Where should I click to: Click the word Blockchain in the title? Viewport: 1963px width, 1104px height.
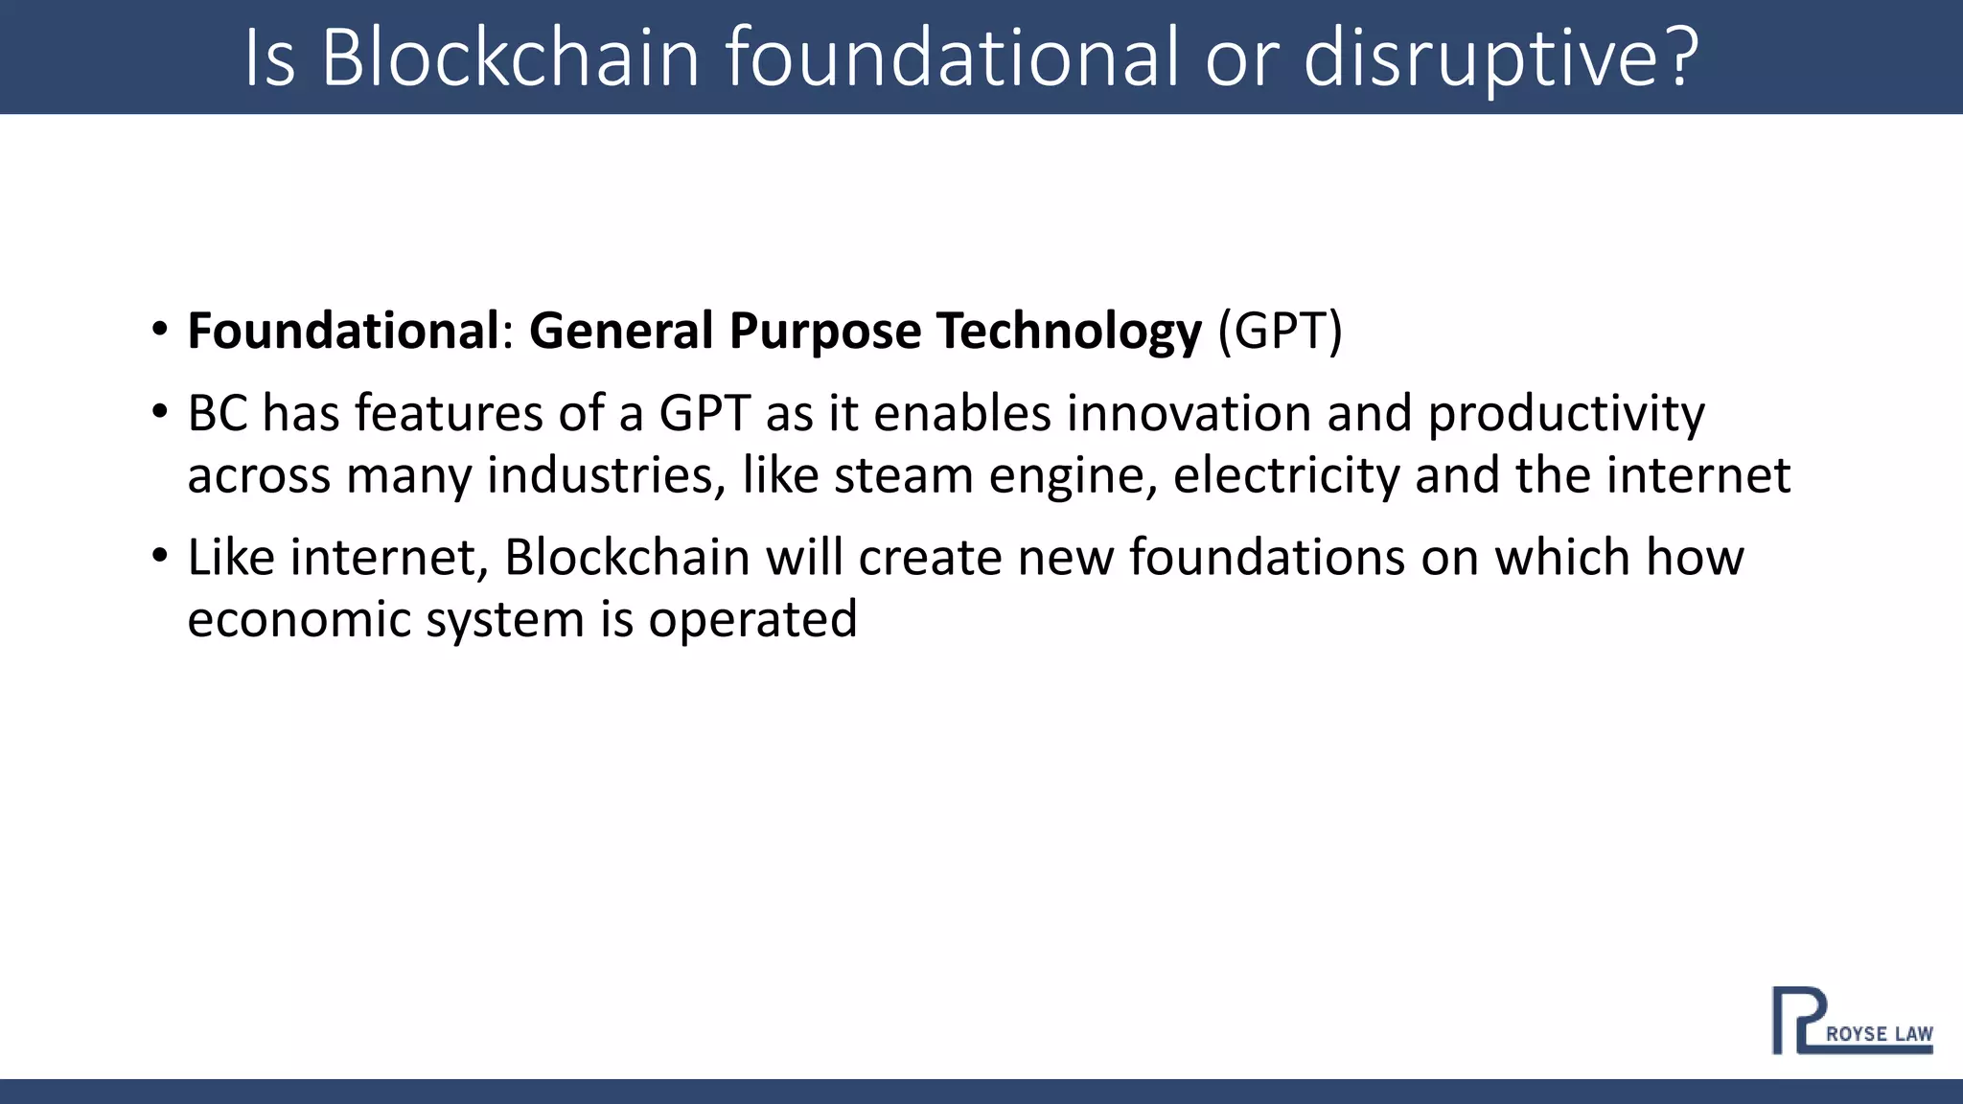pyautogui.click(x=510, y=57)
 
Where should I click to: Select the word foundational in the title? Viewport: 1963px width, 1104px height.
pyautogui.click(x=951, y=57)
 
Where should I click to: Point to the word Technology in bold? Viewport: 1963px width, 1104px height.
pyautogui.click(x=1068, y=331)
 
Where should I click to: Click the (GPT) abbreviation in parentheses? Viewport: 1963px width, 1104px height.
pyautogui.click(x=1280, y=331)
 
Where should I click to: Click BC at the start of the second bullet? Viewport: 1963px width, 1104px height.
pyautogui.click(x=217, y=414)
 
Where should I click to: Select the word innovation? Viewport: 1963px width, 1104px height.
pyautogui.click(x=1189, y=414)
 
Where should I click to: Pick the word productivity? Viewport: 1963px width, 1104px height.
pyautogui.click(x=1566, y=414)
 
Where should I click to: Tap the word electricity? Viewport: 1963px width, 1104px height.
pyautogui.click(x=1286, y=475)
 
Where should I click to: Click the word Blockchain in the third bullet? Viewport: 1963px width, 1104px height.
pyautogui.click(x=627, y=558)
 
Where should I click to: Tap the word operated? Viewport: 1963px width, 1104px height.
pyautogui.click(x=752, y=619)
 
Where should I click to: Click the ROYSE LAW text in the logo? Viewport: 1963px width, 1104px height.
pyautogui.click(x=1879, y=1034)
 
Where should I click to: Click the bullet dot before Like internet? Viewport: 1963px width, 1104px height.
pyautogui.click(x=159, y=556)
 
